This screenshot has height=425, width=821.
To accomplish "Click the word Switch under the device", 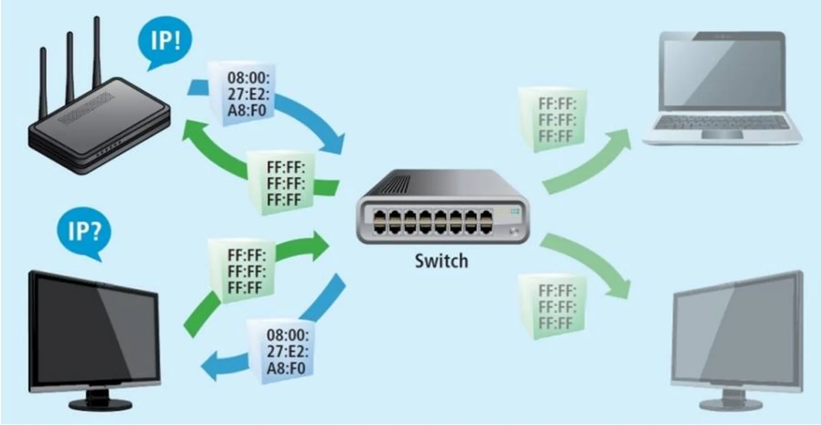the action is click(x=441, y=261).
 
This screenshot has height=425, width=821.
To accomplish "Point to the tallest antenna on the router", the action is click(x=97, y=52).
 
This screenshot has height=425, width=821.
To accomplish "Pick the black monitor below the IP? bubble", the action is click(x=95, y=341).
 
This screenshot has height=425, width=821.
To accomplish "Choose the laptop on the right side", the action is click(x=722, y=88).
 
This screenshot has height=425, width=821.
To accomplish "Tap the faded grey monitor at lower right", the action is click(x=738, y=341).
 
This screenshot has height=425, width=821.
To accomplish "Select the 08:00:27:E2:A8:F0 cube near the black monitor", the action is click(x=280, y=351).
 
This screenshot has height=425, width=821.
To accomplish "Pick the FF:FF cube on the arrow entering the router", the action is click(x=280, y=183).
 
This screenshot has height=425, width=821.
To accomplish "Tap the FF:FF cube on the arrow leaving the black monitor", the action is click(x=241, y=271).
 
